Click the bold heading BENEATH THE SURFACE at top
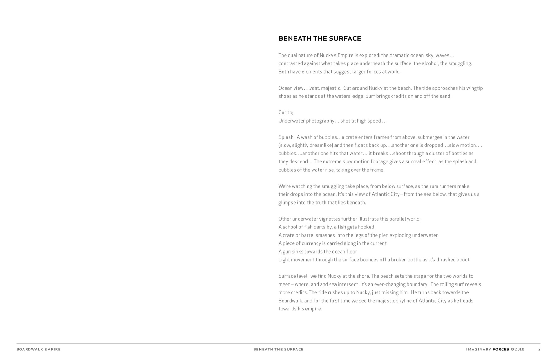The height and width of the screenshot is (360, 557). [x=320, y=39]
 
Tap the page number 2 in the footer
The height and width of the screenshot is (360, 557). [x=539, y=349]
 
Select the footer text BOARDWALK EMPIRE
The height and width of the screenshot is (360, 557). [x=39, y=349]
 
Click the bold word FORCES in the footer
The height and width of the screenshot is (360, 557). [x=501, y=349]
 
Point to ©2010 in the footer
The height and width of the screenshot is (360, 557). [x=518, y=349]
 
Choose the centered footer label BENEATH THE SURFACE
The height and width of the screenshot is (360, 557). [x=278, y=349]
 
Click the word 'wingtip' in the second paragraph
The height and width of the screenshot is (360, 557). [x=475, y=88]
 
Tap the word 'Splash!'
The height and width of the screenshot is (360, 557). [x=286, y=137]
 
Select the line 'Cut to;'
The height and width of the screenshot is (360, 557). [x=286, y=112]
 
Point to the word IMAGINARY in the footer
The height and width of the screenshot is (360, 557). [x=478, y=349]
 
